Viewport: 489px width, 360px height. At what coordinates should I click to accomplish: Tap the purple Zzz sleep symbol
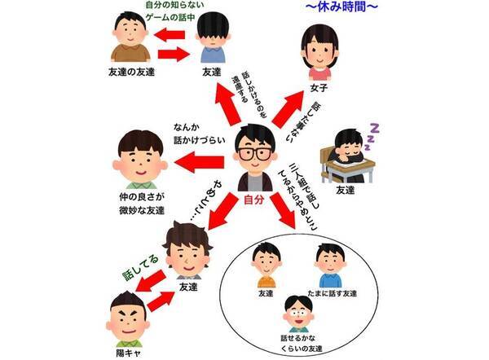coord(378,128)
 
